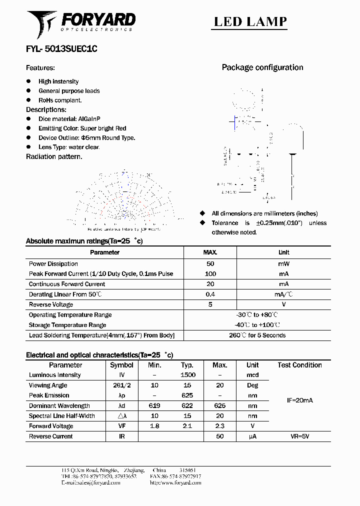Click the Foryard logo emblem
42,23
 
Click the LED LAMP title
250,21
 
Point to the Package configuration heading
262,67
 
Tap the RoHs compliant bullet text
60,100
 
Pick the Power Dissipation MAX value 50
210,263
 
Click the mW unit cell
283,263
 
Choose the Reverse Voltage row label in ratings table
50,304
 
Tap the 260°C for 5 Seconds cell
257,335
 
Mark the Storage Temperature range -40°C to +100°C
257,325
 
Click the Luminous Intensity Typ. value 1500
188,375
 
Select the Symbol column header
121,365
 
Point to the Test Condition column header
299,365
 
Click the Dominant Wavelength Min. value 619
154,406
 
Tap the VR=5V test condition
299,436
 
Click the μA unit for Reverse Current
252,436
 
